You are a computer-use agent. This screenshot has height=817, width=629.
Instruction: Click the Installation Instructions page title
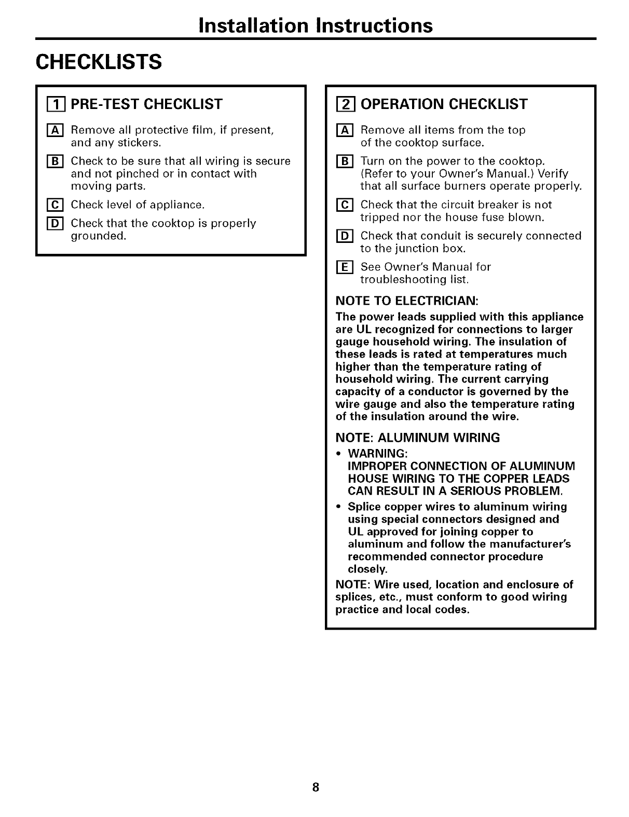[315, 25]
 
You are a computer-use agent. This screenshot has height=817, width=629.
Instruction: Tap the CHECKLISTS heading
[99, 62]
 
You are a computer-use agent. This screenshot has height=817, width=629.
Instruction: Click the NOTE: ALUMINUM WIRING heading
[418, 438]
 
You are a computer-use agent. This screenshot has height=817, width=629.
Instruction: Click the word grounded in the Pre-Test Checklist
[98, 236]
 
